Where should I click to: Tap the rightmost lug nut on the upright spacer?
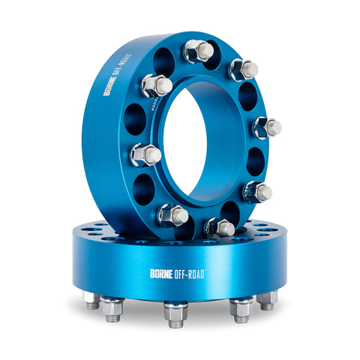pos(268,127)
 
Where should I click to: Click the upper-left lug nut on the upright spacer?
pos(157,85)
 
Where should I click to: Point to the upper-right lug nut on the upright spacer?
pos(244,70)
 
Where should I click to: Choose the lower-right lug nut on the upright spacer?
pos(256,192)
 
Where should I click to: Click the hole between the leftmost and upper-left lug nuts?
pos(135,118)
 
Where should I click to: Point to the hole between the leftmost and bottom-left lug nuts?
pos(145,187)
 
